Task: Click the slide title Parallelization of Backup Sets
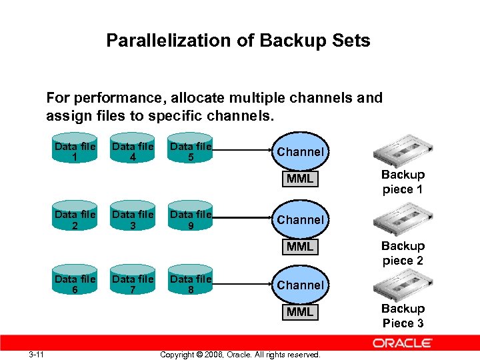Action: click(x=238, y=41)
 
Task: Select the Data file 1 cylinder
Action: click(x=75, y=152)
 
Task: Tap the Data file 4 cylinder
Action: click(x=133, y=152)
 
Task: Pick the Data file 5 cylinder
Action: click(x=191, y=152)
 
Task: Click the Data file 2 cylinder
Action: click(x=75, y=220)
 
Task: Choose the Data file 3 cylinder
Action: click(x=133, y=220)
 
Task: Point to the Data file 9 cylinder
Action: click(x=191, y=220)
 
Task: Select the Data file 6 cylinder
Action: click(x=75, y=285)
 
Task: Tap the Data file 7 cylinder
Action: click(x=133, y=285)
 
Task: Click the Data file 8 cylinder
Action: click(x=191, y=285)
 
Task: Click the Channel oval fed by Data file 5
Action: click(x=300, y=152)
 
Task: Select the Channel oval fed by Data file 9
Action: click(x=300, y=219)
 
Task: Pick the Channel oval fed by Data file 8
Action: click(x=300, y=285)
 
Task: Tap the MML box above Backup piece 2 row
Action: click(x=299, y=247)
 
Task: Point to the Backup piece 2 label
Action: click(x=403, y=253)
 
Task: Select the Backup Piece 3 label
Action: click(x=403, y=316)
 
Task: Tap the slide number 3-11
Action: click(x=36, y=354)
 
